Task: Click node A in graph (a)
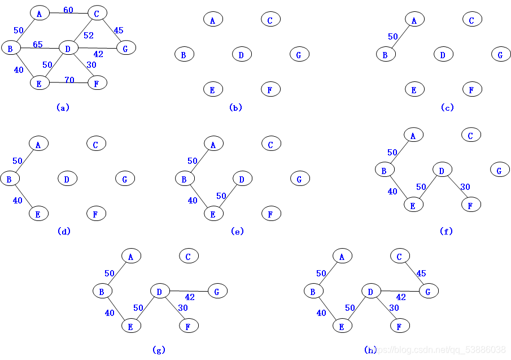pos(40,13)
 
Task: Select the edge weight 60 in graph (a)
pos(68,10)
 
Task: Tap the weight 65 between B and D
pos(38,44)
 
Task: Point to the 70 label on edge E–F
pos(69,80)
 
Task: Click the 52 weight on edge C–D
pos(89,35)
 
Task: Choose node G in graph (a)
pos(126,48)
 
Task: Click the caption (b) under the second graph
pos(235,107)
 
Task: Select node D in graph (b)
pos(242,54)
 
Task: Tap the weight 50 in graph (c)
pos(393,36)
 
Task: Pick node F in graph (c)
pos(472,89)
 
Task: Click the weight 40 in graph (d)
pos(18,200)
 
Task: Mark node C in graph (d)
pos(97,144)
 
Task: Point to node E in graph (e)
pos(214,214)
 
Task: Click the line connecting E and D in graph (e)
pos(228,196)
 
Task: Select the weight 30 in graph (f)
pos(465,187)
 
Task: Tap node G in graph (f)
pos(500,170)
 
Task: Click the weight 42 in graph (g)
pos(190,297)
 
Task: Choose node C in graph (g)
pos(189,255)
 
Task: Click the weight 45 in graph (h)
pos(421,274)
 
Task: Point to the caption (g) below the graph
pos(159,350)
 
